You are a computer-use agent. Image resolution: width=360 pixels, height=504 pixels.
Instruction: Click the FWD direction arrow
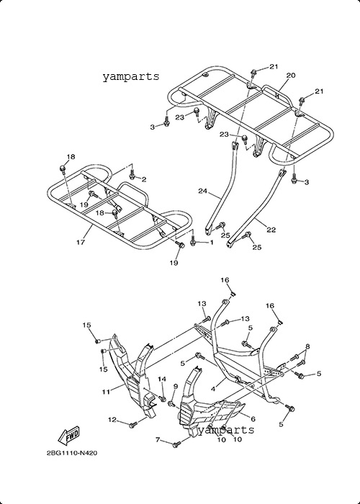68,436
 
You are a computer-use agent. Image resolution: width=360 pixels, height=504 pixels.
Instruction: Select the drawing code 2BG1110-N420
72,453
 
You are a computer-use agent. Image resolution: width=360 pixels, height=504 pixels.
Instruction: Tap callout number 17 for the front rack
81,242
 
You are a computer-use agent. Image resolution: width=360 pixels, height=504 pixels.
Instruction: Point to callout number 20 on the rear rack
291,75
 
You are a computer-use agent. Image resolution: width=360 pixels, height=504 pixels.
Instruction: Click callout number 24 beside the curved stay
202,192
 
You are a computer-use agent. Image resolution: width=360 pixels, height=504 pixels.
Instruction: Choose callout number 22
271,230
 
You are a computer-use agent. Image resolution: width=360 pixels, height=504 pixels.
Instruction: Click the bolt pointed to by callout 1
193,240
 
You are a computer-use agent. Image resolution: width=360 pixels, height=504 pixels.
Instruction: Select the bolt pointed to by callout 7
177,445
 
